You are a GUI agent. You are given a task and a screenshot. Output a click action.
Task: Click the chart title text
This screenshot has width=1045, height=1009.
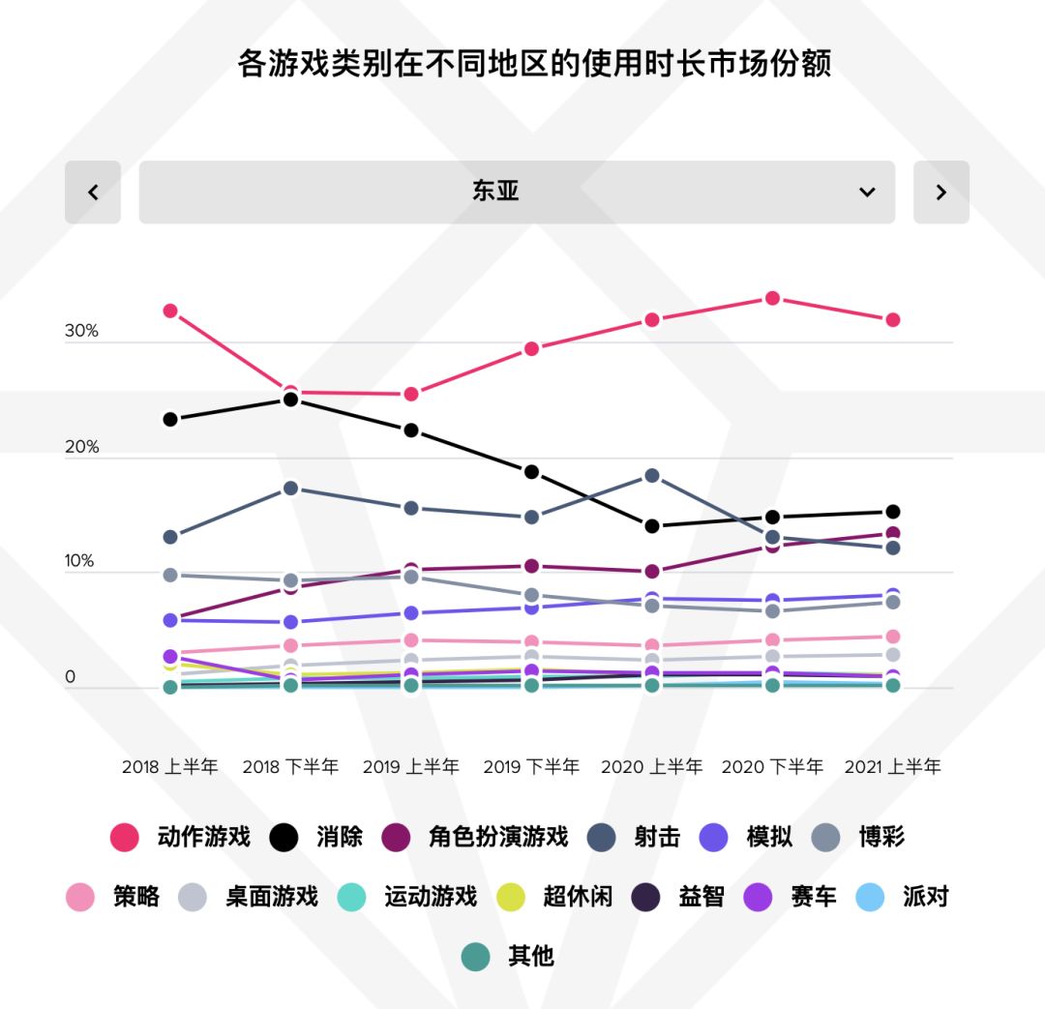[x=534, y=64]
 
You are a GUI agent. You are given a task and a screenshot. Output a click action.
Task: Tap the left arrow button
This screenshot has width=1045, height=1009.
[x=93, y=192]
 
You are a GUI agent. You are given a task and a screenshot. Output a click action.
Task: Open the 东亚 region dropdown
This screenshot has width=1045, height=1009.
[x=517, y=192]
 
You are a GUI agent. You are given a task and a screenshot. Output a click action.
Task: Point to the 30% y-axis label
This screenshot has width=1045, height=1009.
[x=82, y=331]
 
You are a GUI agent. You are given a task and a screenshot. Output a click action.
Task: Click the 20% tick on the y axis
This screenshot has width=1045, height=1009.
[x=82, y=447]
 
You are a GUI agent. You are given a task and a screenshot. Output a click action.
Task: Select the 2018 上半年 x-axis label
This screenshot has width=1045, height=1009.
[x=170, y=767]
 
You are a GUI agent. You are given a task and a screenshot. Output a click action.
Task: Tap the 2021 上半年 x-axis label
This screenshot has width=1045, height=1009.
[x=892, y=767]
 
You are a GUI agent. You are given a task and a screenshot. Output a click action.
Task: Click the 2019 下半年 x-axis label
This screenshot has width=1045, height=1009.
[x=531, y=767]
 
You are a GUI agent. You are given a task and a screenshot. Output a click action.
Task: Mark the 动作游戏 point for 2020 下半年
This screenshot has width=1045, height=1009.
[x=772, y=298]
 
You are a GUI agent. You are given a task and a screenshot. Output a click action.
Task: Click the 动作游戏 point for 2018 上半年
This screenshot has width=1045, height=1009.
[x=170, y=311]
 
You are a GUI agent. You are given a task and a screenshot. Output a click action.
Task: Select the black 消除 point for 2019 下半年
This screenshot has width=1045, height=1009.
[x=531, y=471]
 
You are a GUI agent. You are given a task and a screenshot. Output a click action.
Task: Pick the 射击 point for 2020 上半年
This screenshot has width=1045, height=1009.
[x=651, y=475]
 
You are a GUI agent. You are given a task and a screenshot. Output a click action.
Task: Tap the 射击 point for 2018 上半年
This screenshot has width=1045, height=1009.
[x=170, y=536]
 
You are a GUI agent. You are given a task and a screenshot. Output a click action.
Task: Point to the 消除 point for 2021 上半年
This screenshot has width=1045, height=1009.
[x=892, y=511]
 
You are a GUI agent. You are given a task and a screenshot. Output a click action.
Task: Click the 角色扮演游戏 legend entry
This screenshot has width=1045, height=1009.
[x=474, y=837]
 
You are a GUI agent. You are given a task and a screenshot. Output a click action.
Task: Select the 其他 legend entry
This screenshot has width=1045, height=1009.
[x=509, y=957]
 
